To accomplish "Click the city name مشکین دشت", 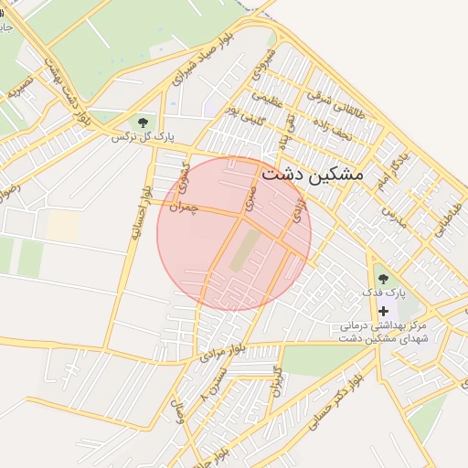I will [x=312, y=173].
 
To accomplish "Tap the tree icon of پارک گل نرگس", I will [x=142, y=122].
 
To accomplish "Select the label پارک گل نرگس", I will [x=143, y=137].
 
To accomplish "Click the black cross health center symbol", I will [x=383, y=312].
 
